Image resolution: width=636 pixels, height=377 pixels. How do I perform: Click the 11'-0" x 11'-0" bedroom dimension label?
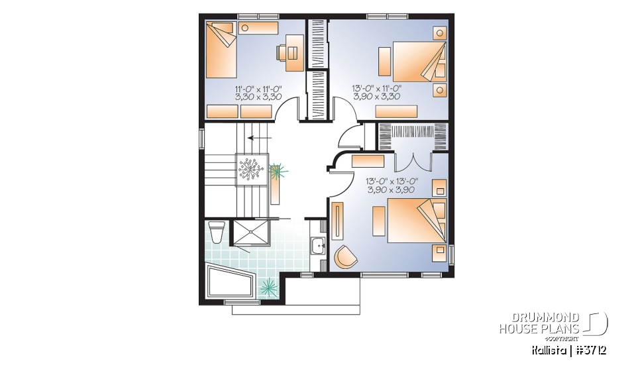258,92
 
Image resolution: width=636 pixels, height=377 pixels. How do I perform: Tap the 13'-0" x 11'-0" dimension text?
377,92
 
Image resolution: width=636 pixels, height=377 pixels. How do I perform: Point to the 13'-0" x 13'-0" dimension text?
391,185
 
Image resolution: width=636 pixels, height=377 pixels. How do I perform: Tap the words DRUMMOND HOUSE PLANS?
539,323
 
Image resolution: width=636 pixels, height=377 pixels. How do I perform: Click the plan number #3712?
590,350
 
